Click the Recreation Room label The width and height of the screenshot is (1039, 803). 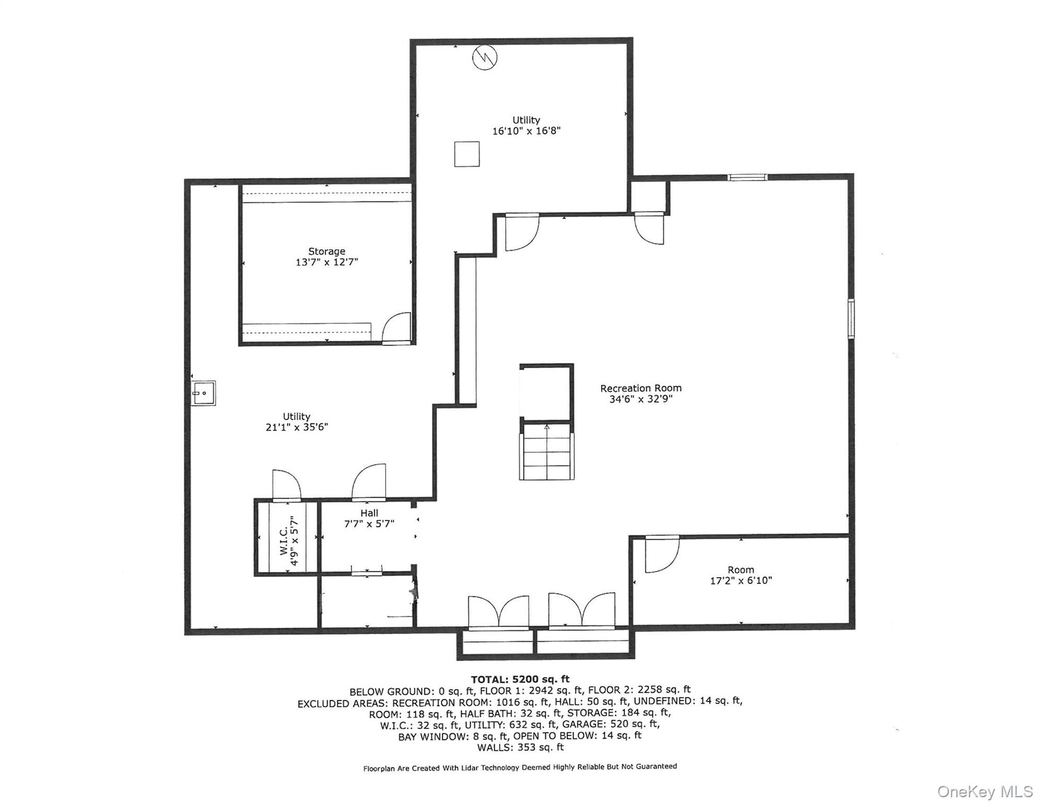coord(641,388)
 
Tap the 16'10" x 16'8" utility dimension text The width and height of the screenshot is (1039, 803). coord(526,131)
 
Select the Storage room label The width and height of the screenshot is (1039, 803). coord(327,251)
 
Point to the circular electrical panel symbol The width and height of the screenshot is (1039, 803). coord(484,58)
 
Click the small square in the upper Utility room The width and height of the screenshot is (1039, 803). coord(467,154)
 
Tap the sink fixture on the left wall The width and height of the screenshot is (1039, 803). coord(203,393)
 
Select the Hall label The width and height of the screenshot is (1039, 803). coord(369,513)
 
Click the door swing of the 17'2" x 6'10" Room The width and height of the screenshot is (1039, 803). coord(662,554)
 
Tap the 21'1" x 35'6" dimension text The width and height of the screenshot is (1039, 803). coord(297,427)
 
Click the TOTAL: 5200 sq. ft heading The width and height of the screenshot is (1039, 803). coord(520,680)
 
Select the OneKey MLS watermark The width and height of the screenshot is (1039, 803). coord(985,791)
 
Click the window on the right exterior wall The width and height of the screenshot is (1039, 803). coord(851,319)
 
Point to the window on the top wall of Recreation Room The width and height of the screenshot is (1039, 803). coord(748,177)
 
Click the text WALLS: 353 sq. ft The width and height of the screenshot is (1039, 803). coord(521,748)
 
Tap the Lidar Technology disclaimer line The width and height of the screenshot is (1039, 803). coord(520,767)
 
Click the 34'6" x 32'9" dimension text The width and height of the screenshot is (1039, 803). coord(641,399)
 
